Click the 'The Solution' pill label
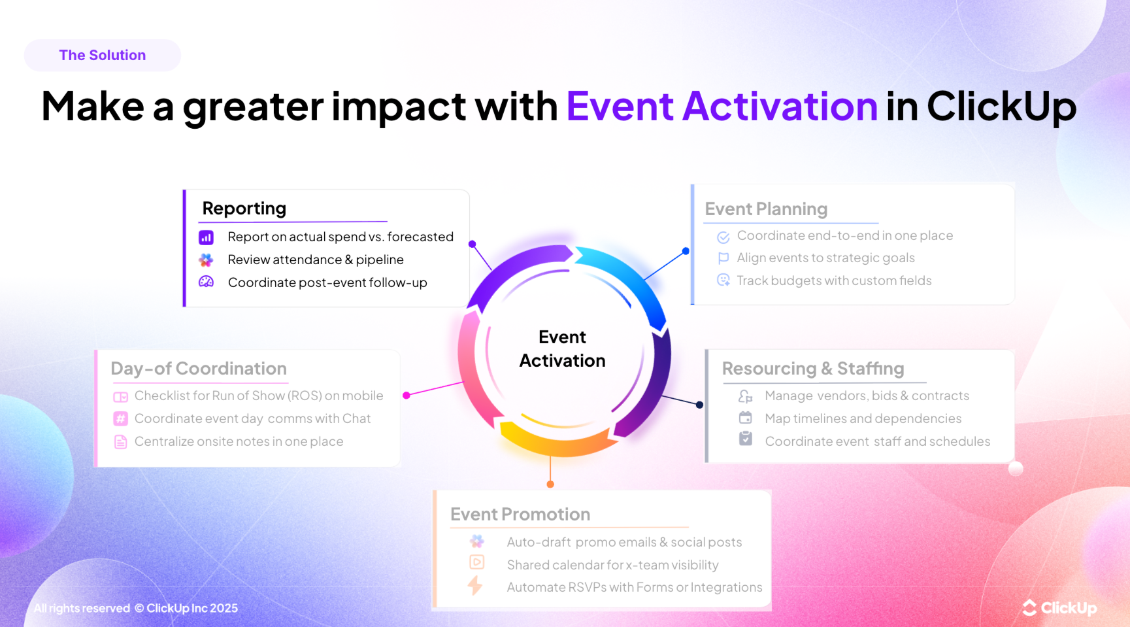103,56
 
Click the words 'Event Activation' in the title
722,107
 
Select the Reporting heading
244,209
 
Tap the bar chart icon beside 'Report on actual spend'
206,237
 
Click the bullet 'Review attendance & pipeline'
315,260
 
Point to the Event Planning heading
765,209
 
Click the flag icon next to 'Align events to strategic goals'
723,258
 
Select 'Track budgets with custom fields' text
834,280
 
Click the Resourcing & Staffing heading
812,369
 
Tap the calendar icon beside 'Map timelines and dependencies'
745,418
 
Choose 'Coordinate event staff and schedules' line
877,441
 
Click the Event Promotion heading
520,515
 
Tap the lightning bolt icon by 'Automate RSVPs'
475,586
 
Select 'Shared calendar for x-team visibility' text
612,565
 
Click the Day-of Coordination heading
199,369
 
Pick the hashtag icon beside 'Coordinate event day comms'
121,418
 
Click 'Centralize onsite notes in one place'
239,441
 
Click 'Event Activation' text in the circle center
562,349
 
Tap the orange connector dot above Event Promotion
550,484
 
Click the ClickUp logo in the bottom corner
1059,608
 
